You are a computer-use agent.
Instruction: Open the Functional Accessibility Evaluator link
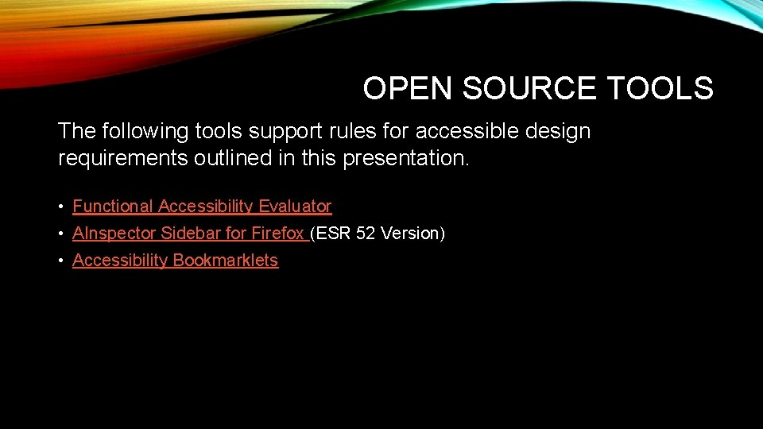click(x=202, y=207)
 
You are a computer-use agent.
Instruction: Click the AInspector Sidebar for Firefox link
click(x=189, y=234)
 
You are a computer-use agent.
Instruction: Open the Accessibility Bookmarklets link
click(x=175, y=261)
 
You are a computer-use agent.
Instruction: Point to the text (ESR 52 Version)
click(x=378, y=234)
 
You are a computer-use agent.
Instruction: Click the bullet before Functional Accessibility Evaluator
click(x=61, y=207)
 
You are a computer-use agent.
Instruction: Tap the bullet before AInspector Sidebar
click(x=61, y=234)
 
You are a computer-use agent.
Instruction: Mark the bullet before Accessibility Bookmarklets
click(x=61, y=261)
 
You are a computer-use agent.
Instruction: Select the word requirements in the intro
click(x=122, y=158)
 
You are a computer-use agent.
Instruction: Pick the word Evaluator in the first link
click(x=295, y=207)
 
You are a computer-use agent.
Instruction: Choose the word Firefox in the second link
click(x=277, y=234)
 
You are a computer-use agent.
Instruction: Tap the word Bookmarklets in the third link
click(x=226, y=261)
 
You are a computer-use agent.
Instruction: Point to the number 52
click(x=366, y=234)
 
